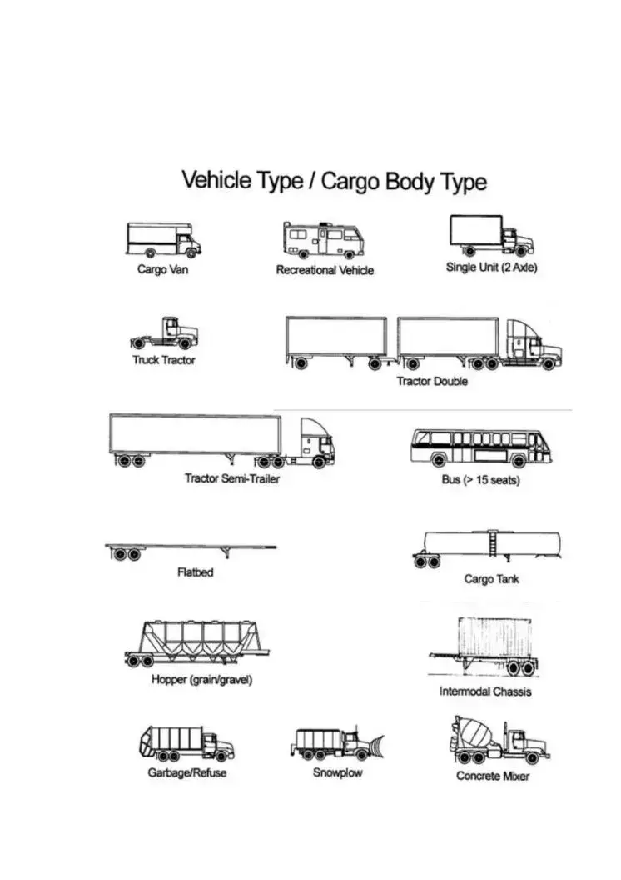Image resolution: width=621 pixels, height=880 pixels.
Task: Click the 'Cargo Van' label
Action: pyautogui.click(x=162, y=269)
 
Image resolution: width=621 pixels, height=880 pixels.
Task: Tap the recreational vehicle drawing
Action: pyautogui.click(x=323, y=240)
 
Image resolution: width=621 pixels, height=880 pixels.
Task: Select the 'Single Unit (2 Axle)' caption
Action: pyautogui.click(x=491, y=267)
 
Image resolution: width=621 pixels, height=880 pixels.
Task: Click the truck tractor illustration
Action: pyautogui.click(x=164, y=333)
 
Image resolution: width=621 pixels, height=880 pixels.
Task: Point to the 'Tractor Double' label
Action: pyautogui.click(x=432, y=381)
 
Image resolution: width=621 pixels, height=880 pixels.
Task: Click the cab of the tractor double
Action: pyautogui.click(x=533, y=345)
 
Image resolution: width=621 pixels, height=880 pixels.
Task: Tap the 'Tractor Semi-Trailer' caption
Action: pyautogui.click(x=232, y=478)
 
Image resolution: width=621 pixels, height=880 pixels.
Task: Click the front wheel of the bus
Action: pyautogui.click(x=519, y=462)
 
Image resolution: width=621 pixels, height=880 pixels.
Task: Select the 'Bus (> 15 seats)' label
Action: pyautogui.click(x=481, y=480)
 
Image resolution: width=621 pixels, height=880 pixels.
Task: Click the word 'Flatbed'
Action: pyautogui.click(x=195, y=572)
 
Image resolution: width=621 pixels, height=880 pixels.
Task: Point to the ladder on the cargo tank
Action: pyautogui.click(x=493, y=544)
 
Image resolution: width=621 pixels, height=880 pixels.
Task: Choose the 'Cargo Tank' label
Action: pyautogui.click(x=491, y=579)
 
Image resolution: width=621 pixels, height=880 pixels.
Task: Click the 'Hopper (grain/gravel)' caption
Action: pyautogui.click(x=201, y=680)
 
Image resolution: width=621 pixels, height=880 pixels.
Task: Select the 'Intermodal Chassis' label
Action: pyautogui.click(x=485, y=692)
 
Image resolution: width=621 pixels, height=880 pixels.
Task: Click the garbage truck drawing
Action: pyautogui.click(x=186, y=743)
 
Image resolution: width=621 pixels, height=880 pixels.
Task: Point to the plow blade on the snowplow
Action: pyautogui.click(x=376, y=746)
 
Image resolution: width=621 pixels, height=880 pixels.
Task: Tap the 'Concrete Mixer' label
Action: pyautogui.click(x=493, y=776)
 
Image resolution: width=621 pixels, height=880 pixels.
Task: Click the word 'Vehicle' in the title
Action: pyautogui.click(x=216, y=180)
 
